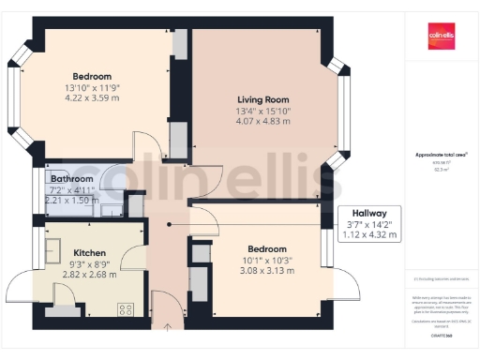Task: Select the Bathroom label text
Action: (x=72, y=178)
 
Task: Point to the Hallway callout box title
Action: (x=369, y=214)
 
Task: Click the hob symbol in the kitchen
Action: (x=124, y=309)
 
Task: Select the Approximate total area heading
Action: (x=442, y=154)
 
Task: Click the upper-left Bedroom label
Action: (x=92, y=76)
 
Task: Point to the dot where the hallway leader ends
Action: (x=169, y=225)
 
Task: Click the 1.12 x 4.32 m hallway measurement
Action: (x=369, y=235)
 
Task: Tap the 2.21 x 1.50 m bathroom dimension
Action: (x=72, y=200)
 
